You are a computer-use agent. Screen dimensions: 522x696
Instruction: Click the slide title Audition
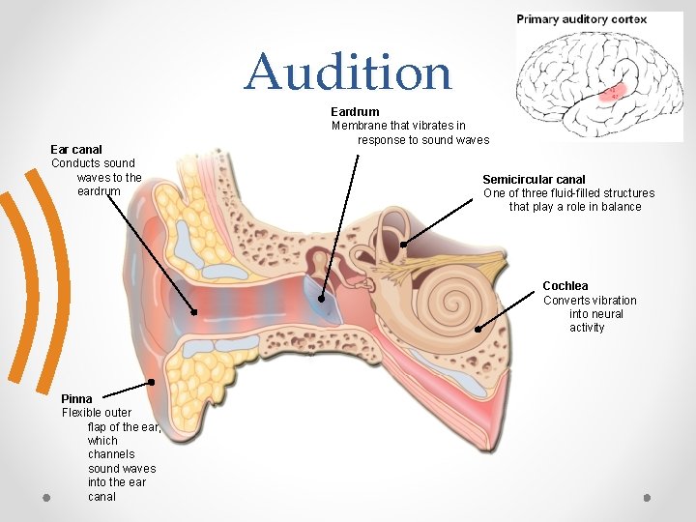[348, 72]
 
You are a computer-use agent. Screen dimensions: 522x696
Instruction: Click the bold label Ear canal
[75, 149]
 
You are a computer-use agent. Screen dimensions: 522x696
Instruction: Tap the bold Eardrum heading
[355, 112]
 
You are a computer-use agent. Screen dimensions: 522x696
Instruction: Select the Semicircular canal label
[534, 180]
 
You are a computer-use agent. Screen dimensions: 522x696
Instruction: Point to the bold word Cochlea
[565, 286]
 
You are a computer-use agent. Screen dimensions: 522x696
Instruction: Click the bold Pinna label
[76, 398]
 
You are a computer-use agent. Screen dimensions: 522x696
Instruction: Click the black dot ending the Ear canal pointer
[194, 312]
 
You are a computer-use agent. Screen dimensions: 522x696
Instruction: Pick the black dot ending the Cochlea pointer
[478, 329]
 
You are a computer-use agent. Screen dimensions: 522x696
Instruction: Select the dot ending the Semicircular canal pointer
[403, 245]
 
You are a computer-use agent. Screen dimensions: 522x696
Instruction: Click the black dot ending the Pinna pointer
[152, 382]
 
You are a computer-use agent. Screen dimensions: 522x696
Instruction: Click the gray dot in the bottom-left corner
[45, 497]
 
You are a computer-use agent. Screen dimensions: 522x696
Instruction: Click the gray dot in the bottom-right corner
[647, 497]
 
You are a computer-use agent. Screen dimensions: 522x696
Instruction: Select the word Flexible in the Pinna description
[84, 413]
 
